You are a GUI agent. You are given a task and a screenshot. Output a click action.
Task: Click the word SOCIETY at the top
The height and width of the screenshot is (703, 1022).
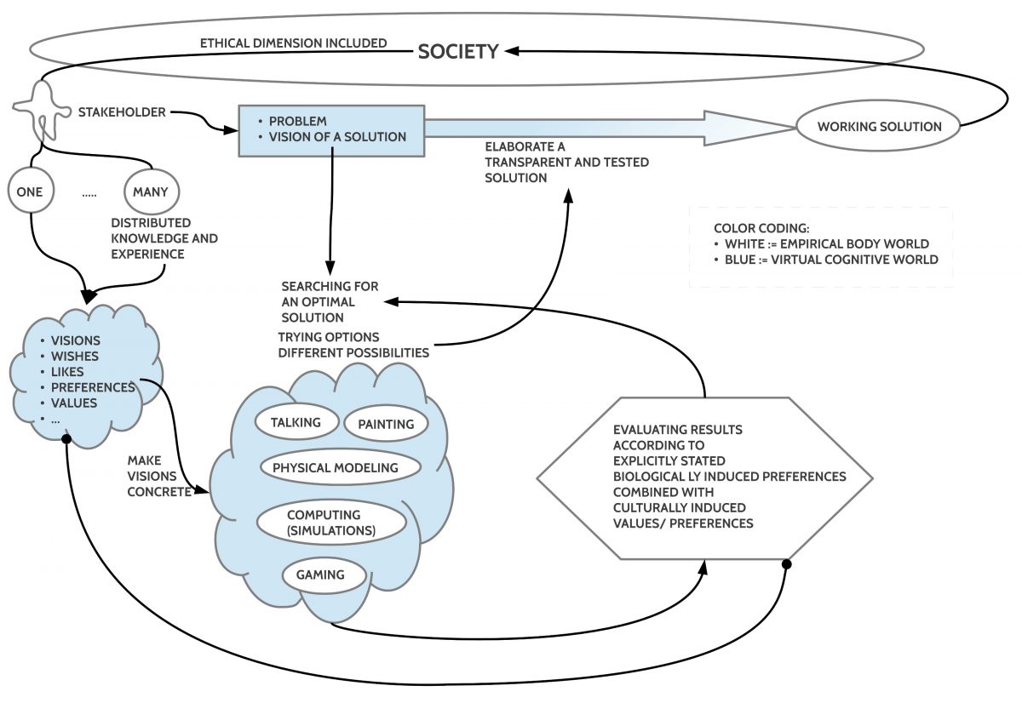457,52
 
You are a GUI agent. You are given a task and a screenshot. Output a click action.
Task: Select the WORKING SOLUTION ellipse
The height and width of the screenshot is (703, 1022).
880,127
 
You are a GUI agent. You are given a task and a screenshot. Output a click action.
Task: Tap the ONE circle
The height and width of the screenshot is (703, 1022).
31,191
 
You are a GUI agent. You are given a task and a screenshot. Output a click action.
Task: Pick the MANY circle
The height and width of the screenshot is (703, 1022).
150,191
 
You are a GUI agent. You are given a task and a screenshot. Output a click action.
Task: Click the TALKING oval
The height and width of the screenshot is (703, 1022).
295,422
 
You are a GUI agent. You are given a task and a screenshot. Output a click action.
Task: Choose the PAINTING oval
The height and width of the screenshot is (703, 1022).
385,424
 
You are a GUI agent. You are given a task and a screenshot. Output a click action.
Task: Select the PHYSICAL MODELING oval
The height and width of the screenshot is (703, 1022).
335,467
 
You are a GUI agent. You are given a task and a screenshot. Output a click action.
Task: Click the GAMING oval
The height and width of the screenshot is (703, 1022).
319,574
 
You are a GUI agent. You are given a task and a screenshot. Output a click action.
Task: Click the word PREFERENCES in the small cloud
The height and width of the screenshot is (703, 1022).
92,387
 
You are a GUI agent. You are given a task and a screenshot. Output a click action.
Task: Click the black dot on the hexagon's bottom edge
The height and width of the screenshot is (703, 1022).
786,563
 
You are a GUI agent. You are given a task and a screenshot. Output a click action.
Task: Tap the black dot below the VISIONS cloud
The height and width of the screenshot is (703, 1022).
66,440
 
